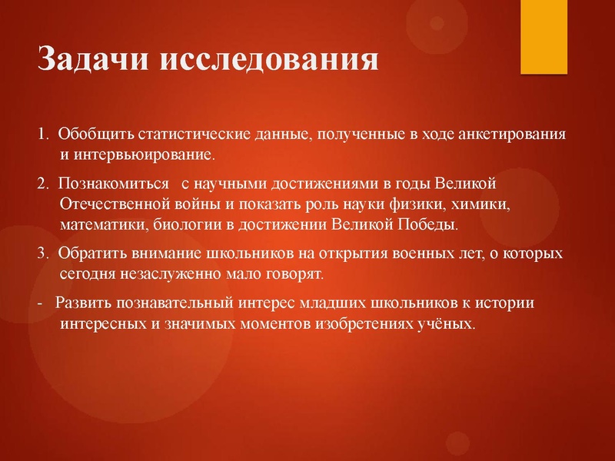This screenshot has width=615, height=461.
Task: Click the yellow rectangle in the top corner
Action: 545,36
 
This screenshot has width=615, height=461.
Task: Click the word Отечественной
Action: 112,205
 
